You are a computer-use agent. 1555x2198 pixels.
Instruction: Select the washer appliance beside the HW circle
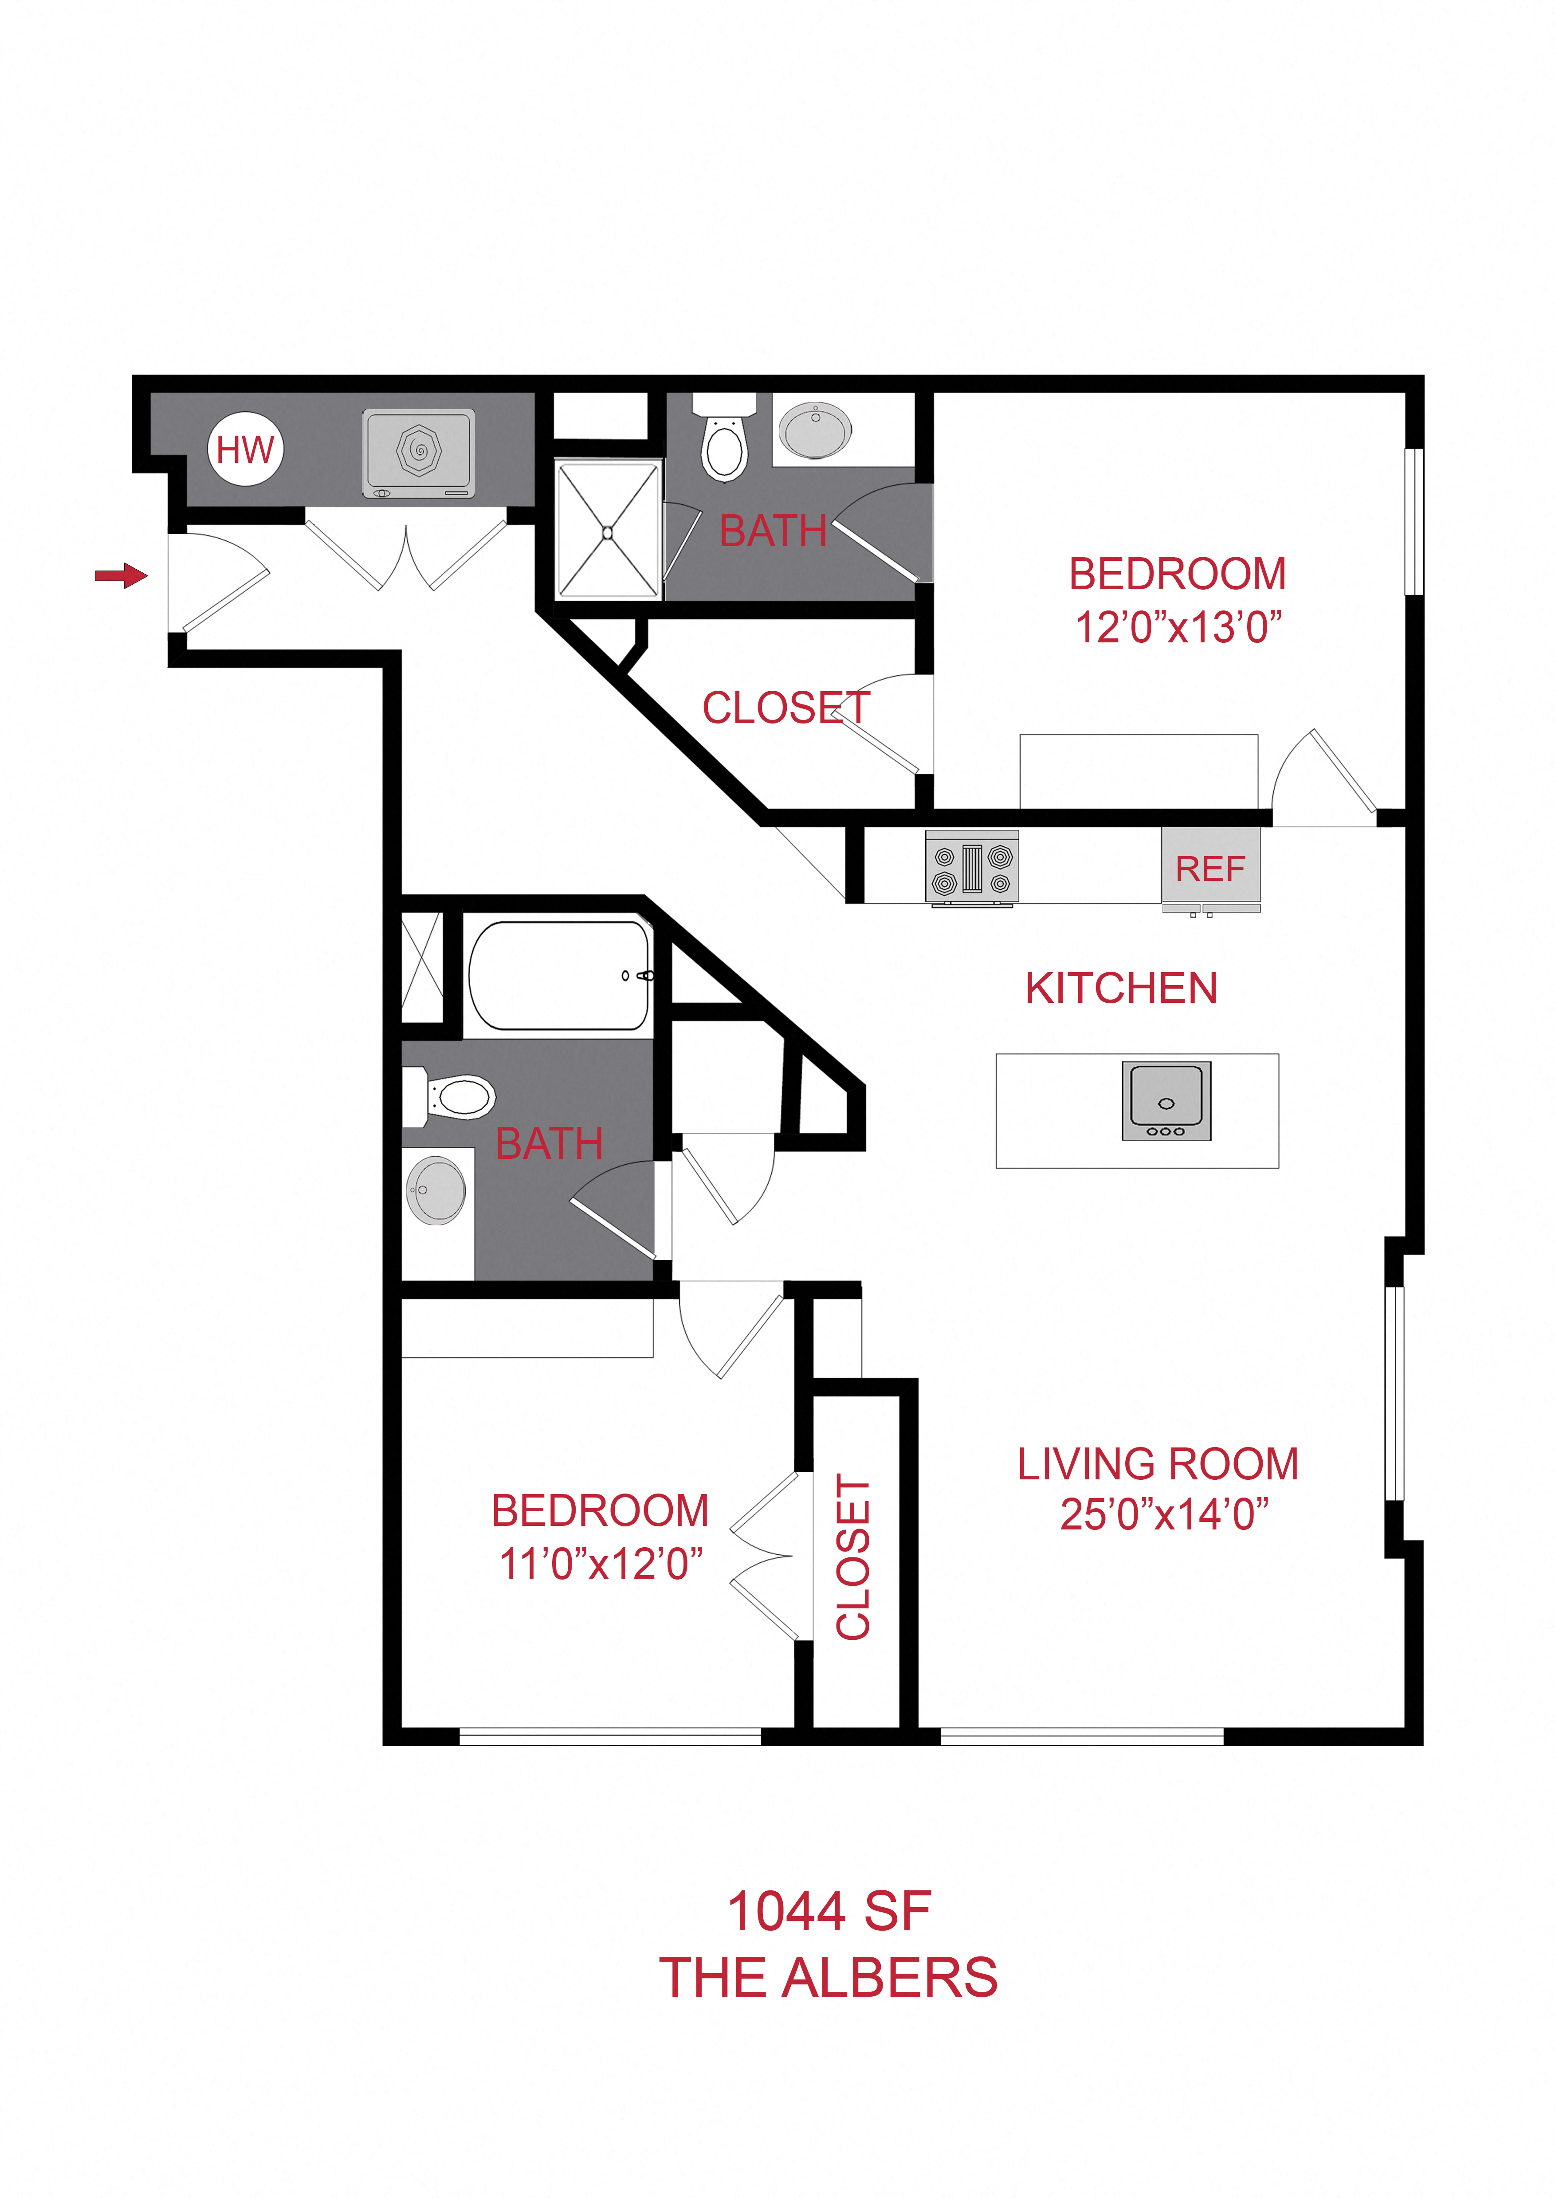(x=418, y=454)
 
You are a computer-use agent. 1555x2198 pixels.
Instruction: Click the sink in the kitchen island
(x=1166, y=1101)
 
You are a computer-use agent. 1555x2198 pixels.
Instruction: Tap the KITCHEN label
(x=1121, y=988)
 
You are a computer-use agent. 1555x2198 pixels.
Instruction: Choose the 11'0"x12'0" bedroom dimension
(x=601, y=1564)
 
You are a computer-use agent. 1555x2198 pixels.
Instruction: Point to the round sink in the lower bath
(x=436, y=1190)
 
